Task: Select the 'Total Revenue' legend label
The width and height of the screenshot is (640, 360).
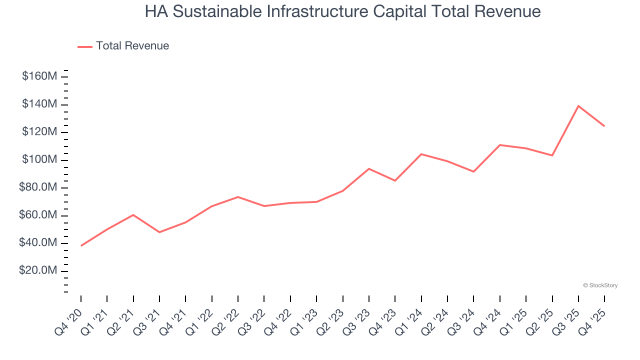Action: (132, 46)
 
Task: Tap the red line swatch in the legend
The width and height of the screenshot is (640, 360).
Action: (85, 46)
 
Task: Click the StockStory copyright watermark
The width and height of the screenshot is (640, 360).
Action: (600, 285)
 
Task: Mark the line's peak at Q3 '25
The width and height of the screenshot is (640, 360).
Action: (578, 106)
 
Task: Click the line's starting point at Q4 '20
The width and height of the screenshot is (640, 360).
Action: (81, 245)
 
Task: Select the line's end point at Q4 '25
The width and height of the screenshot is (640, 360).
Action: (604, 126)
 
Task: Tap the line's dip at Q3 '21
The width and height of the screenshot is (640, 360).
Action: (159, 232)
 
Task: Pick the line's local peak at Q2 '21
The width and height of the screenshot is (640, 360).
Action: (133, 215)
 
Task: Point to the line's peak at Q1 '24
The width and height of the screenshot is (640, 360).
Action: (421, 154)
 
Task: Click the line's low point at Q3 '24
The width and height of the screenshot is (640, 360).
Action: (473, 171)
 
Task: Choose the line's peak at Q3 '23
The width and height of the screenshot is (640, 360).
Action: (368, 168)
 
